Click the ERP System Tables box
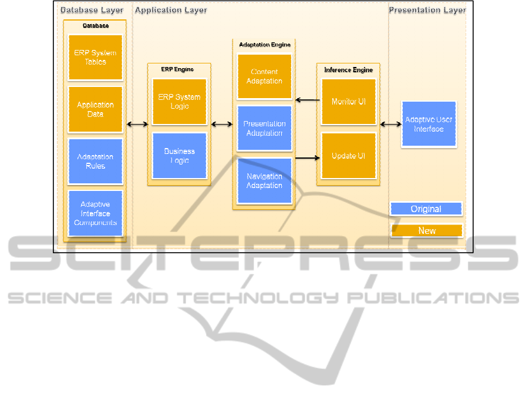95,57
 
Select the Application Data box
95,109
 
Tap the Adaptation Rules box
95,161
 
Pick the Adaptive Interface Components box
95,213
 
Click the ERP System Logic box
179,102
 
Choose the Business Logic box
179,156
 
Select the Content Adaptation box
264,76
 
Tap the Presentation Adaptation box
264,128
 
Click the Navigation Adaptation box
264,180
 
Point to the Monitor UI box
348,102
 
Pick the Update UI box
348,156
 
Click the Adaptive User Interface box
429,124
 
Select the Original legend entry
426,209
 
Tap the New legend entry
426,230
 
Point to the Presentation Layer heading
427,10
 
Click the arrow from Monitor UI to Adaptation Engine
306,100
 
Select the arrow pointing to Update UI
306,157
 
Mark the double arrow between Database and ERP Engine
137,124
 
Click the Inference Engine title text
348,70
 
